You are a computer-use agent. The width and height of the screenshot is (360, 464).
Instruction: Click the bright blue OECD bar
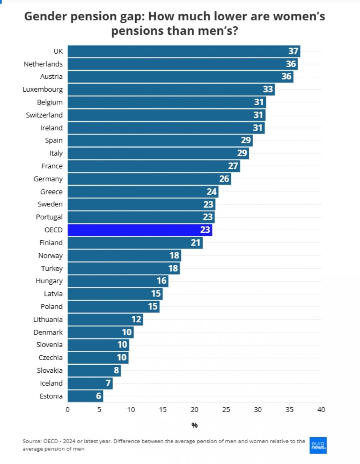pyautogui.click(x=140, y=230)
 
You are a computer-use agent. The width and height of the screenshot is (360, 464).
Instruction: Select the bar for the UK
pyautogui.click(x=184, y=51)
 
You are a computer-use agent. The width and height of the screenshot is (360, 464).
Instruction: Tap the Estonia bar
pyautogui.click(x=86, y=396)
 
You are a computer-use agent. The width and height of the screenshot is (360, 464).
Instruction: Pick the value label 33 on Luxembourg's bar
pyautogui.click(x=268, y=89)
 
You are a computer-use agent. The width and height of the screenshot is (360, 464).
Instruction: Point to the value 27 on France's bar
pyautogui.click(x=233, y=166)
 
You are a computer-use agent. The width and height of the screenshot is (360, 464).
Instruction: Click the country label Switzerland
pyautogui.click(x=44, y=115)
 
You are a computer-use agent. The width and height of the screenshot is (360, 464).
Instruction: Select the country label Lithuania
pyautogui.click(x=48, y=319)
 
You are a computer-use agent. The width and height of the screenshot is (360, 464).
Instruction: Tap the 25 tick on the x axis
pyautogui.click(x=226, y=410)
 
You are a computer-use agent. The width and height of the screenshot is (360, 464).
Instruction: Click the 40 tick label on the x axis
pyautogui.click(x=321, y=410)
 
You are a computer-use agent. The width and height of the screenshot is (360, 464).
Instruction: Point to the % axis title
pyautogui.click(x=194, y=425)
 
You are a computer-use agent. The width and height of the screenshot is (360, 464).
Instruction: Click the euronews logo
pyautogui.click(x=318, y=445)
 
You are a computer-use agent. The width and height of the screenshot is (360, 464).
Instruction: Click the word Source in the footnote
pyautogui.click(x=32, y=441)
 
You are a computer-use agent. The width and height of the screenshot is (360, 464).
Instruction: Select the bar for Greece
pyautogui.click(x=143, y=192)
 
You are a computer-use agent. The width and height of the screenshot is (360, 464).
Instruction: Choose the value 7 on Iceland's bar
pyautogui.click(x=108, y=383)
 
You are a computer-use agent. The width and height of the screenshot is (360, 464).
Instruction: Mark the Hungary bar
pyautogui.click(x=118, y=281)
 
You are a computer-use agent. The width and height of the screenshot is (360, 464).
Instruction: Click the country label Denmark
pyautogui.click(x=48, y=332)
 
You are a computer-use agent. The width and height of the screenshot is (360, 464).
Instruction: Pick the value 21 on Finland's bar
pyautogui.click(x=196, y=243)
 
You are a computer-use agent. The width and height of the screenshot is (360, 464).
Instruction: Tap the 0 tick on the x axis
pyautogui.click(x=68, y=410)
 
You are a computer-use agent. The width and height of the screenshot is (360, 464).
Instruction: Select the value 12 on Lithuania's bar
pyautogui.click(x=136, y=319)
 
